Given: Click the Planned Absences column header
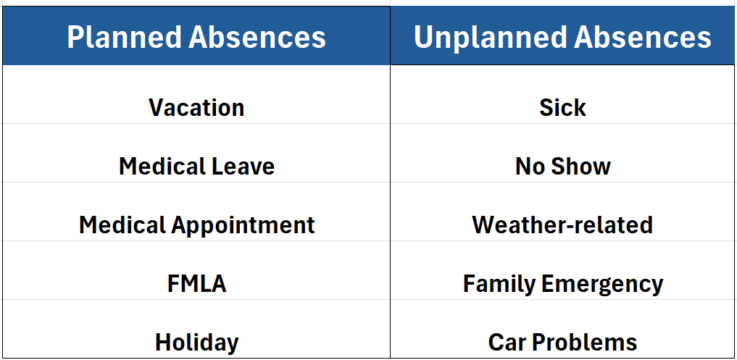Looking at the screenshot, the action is click(x=196, y=35).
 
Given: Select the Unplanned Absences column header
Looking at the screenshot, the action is click(x=563, y=35).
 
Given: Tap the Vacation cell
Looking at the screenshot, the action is click(x=196, y=94).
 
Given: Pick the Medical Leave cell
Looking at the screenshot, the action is click(x=196, y=154).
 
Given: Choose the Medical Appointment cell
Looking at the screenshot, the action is click(x=196, y=212).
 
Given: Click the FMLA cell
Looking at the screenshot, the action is click(x=196, y=271).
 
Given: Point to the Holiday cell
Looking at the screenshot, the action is click(x=196, y=329).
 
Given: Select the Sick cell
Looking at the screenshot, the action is click(x=563, y=94).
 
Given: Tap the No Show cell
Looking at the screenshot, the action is click(x=563, y=154).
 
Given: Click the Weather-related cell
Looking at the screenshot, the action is click(x=563, y=212).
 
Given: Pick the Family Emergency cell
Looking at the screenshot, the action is click(x=563, y=271).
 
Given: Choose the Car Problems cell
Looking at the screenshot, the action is click(x=563, y=329).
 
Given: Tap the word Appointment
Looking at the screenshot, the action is click(x=243, y=225).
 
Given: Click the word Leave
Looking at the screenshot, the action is click(x=245, y=167).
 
